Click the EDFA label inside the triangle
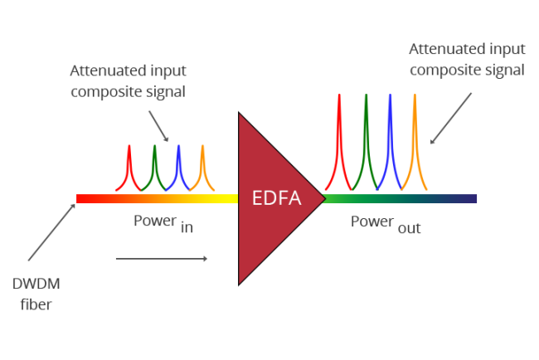coord(277,198)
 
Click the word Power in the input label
coord(154,221)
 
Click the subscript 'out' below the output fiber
coord(408,228)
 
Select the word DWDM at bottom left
coord(36,285)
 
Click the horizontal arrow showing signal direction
coord(162,259)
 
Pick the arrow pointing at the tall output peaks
coord(451,117)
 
